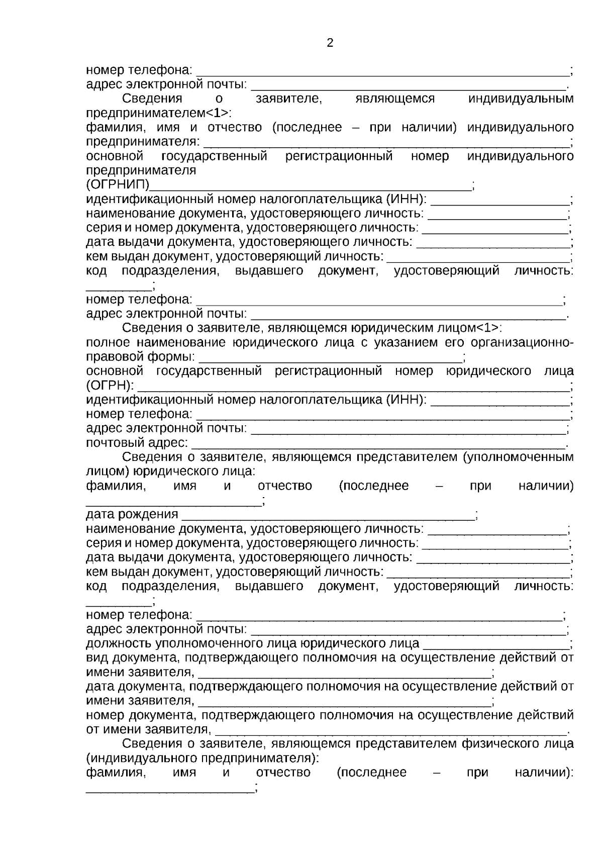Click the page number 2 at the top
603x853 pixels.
(330, 43)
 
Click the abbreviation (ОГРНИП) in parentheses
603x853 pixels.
(118, 185)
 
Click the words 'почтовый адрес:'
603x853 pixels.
(137, 443)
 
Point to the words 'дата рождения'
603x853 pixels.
(132, 514)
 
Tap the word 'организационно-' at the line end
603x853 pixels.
(522, 343)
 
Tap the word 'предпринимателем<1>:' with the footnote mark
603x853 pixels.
(159, 113)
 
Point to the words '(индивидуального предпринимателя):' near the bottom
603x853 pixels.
(203, 757)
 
